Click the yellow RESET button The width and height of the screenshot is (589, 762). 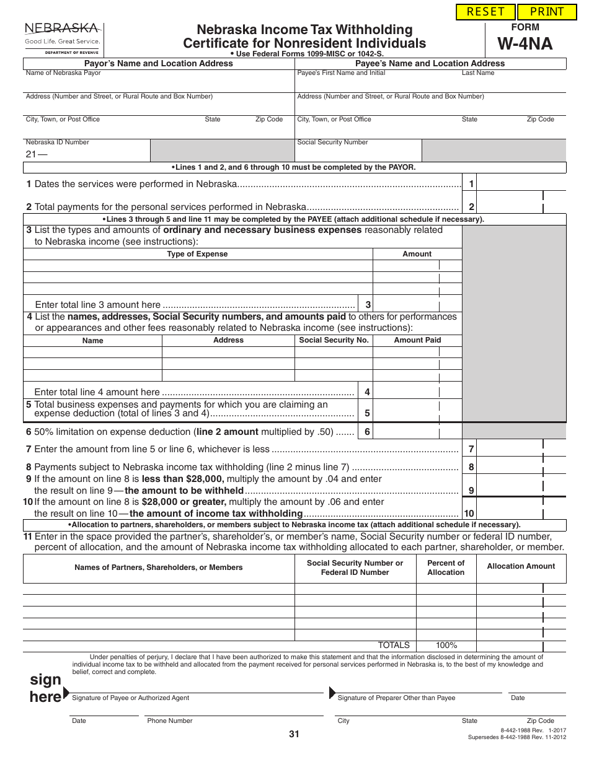tap(485, 12)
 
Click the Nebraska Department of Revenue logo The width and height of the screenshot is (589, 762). tap(63, 38)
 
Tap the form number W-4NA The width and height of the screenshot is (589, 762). tap(525, 43)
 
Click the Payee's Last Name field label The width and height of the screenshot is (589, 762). tap(478, 73)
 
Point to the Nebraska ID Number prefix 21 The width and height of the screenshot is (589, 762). tap(32, 154)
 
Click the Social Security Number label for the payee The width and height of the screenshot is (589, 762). tap(332, 142)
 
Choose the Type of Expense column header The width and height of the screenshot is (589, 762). tap(197, 254)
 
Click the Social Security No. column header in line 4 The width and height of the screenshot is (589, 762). tap(334, 340)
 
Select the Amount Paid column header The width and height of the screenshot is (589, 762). tap(417, 340)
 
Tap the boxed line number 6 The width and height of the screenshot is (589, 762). tap(367, 432)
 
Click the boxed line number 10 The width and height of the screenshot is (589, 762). tap(469, 513)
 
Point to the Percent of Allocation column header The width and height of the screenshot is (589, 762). tap(446, 567)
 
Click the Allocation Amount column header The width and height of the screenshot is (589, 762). tap(521, 566)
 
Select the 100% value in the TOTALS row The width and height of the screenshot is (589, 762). tap(446, 645)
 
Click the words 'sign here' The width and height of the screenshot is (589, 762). tap(45, 688)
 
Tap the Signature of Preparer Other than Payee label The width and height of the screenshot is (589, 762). tap(396, 698)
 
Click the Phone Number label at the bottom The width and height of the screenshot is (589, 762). tap(170, 721)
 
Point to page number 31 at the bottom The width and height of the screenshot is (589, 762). tap(294, 735)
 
